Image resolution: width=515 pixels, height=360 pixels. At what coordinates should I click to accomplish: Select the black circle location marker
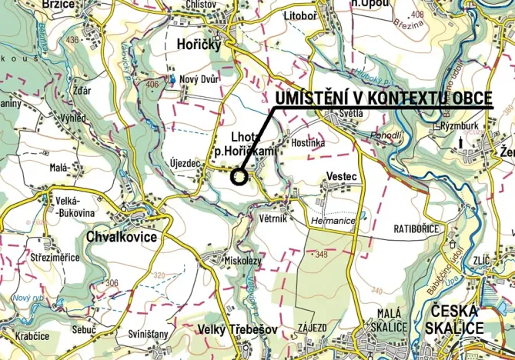(x=239, y=177)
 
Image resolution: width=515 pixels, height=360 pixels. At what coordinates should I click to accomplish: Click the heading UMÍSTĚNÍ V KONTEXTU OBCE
(x=383, y=99)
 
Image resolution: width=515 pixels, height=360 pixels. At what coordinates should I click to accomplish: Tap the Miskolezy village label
(x=243, y=260)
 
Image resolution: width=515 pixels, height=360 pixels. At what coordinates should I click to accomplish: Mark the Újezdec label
(x=182, y=163)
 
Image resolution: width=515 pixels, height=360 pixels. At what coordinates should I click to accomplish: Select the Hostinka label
(x=309, y=143)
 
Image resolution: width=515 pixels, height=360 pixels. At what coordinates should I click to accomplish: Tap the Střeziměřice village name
(x=55, y=257)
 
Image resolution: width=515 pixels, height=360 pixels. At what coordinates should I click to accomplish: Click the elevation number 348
(x=321, y=254)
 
